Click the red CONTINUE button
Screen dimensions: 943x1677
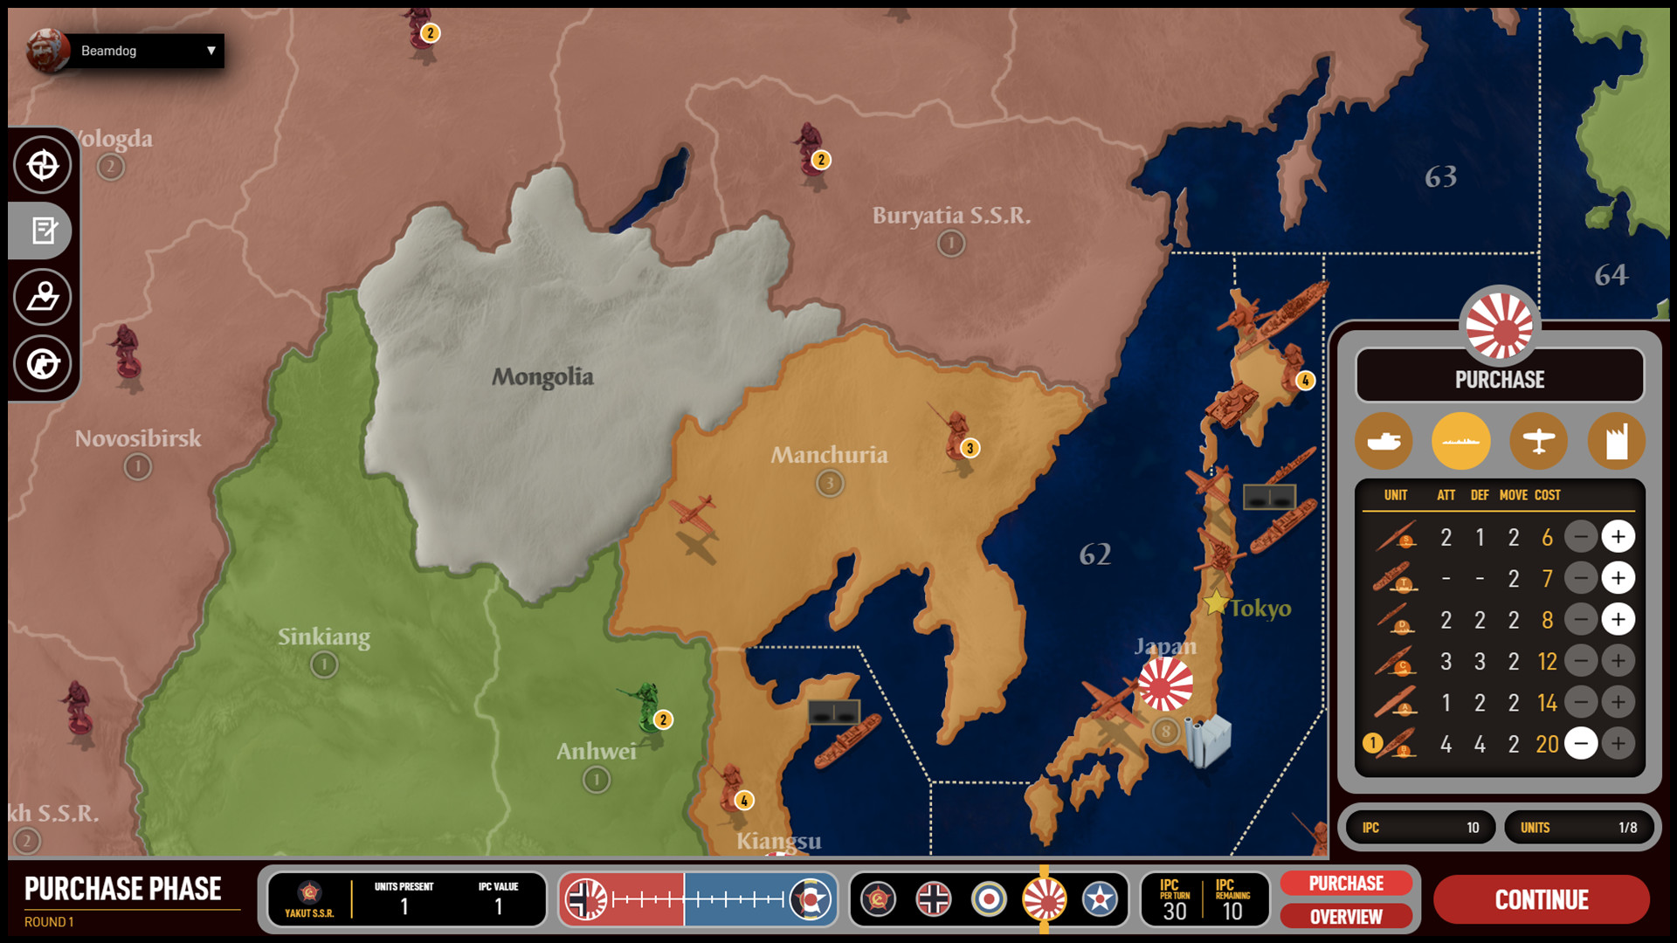(x=1541, y=899)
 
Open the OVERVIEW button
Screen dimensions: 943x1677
(x=1345, y=917)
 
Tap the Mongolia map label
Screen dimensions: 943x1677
(x=542, y=377)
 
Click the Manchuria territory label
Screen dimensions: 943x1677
(x=829, y=455)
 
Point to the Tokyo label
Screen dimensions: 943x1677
(x=1259, y=608)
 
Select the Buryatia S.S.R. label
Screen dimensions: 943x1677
(x=951, y=216)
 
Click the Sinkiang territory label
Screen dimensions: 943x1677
(x=324, y=637)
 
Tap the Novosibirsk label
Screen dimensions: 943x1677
(x=138, y=438)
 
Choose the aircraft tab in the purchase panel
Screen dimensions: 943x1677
(x=1538, y=441)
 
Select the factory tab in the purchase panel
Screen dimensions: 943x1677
(x=1616, y=441)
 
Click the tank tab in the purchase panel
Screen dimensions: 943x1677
(x=1384, y=441)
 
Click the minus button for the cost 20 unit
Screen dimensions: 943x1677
(x=1581, y=744)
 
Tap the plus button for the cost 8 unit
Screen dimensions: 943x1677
(x=1618, y=620)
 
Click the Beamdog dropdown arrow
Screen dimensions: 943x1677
(x=210, y=51)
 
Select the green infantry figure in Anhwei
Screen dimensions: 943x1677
(x=646, y=706)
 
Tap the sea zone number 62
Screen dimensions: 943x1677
(x=1095, y=554)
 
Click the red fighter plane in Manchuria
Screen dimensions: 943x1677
(x=694, y=515)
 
